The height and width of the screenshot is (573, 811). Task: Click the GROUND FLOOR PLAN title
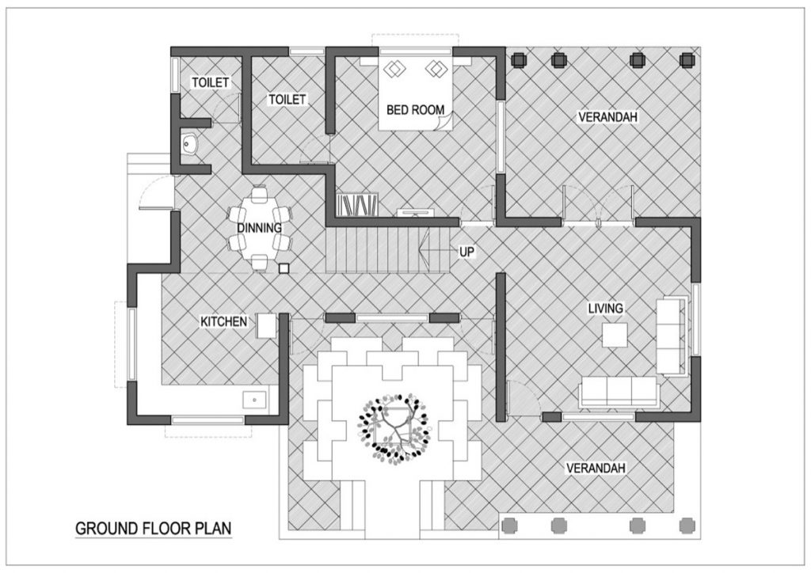[154, 528]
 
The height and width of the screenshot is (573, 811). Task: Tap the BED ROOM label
[415, 110]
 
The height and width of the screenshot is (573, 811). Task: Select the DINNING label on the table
[259, 228]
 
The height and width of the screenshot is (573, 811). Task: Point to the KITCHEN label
[224, 322]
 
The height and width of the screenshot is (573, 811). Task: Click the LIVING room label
[605, 308]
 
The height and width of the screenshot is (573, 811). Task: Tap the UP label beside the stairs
[467, 251]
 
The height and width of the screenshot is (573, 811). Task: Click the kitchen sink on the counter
[254, 400]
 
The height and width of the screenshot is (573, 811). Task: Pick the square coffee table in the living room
[615, 336]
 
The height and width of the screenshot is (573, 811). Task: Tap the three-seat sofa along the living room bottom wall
[619, 392]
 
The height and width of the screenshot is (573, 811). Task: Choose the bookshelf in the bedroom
[357, 206]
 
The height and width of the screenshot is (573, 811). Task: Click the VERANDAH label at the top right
[608, 117]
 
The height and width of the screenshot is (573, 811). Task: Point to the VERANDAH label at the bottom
[596, 468]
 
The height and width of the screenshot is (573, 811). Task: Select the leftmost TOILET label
[210, 82]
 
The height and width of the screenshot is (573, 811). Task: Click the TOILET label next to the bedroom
[287, 99]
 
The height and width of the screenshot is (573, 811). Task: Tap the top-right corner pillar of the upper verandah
[688, 59]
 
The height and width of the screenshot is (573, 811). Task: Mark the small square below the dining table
[283, 268]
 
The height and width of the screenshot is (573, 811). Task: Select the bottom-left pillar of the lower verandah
[510, 525]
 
